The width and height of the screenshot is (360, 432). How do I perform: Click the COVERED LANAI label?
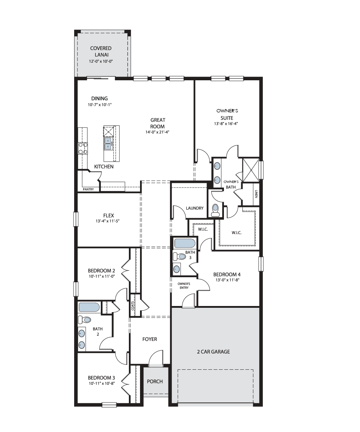[x=101, y=51]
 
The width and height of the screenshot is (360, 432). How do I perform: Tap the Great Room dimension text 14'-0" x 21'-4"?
[x=157, y=132]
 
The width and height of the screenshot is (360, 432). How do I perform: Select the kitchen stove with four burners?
[x=83, y=148]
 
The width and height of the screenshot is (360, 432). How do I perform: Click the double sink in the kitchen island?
[x=108, y=144]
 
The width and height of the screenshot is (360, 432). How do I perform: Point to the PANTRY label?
[x=88, y=189]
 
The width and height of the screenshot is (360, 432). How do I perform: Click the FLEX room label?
[x=108, y=215]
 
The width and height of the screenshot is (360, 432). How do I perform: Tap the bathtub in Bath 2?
[x=89, y=307]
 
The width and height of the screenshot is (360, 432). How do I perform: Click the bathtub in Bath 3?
[x=185, y=243]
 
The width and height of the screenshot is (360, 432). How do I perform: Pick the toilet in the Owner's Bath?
[x=215, y=210]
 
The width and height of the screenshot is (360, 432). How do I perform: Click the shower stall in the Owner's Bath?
[x=251, y=170]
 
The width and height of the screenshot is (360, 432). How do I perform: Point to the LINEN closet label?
[x=256, y=194]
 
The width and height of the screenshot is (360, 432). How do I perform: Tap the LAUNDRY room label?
[x=194, y=208]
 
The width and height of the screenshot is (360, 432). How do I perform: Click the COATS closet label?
[x=132, y=306]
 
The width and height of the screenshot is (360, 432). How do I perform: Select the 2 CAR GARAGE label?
[x=213, y=352]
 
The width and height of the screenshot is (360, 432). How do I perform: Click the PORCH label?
[x=155, y=381]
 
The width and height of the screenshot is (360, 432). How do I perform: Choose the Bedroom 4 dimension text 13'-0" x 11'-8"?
[x=227, y=280]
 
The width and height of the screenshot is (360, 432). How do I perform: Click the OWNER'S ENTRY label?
[x=184, y=286]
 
